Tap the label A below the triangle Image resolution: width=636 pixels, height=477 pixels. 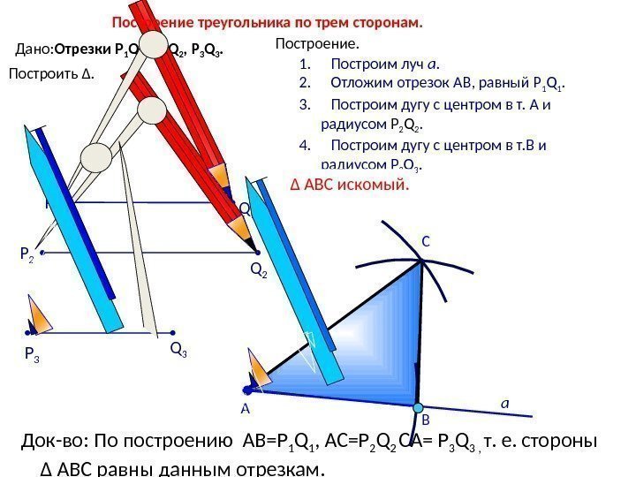click(246, 410)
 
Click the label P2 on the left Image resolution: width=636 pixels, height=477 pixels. click(27, 254)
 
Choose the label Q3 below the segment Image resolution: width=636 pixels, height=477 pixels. click(178, 352)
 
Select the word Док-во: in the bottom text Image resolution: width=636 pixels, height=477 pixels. click(57, 441)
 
